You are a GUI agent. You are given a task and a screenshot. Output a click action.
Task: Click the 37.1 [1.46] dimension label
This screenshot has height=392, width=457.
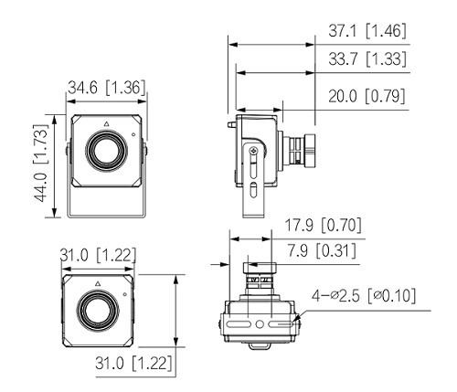(367, 31)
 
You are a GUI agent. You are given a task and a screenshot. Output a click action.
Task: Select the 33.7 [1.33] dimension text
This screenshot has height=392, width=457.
(367, 58)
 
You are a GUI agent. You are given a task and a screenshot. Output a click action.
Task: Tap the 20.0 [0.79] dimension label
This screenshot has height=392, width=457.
(367, 96)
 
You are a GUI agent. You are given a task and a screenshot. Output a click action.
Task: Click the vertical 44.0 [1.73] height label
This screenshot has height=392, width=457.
(40, 163)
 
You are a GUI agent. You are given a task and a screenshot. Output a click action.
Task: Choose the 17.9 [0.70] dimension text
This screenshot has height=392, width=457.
(323, 225)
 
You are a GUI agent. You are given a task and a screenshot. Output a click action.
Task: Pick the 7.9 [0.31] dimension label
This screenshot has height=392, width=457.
(322, 251)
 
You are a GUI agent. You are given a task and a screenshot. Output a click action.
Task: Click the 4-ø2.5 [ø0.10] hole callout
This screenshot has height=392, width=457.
(364, 295)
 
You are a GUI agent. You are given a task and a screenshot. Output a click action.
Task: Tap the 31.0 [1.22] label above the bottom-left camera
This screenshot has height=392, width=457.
(98, 255)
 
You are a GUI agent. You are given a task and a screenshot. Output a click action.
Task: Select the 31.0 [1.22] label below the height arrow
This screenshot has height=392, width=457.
(133, 363)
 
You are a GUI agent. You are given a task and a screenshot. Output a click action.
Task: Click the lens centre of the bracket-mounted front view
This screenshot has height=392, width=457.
(106, 150)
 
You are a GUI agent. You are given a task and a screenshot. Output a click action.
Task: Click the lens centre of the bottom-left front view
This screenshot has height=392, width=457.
(98, 311)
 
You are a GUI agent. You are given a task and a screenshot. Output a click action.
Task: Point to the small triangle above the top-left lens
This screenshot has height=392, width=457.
(106, 123)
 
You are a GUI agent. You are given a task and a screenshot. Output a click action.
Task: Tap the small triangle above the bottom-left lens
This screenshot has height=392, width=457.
(98, 284)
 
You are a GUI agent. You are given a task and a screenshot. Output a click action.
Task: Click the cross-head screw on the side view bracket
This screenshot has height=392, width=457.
(253, 150)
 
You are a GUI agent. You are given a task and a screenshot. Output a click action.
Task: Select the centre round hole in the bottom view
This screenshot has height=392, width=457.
(260, 324)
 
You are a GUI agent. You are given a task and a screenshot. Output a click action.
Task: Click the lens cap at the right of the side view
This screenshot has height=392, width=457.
(310, 151)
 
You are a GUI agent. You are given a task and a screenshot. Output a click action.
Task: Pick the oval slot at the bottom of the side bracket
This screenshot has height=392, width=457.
(253, 190)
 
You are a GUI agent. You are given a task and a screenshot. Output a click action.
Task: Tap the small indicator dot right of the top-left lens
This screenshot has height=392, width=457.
(133, 134)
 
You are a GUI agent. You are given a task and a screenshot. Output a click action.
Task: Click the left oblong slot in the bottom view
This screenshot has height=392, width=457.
(239, 324)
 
